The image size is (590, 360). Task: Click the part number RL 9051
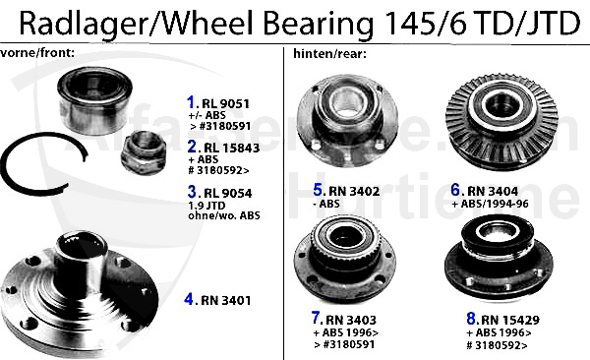[225, 104]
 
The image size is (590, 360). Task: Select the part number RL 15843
[231, 148]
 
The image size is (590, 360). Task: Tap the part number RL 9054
[228, 193]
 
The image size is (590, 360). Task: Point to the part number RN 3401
[226, 301]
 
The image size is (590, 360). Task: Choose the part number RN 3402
[354, 191]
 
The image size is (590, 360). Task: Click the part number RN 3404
[493, 191]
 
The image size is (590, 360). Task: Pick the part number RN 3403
[351, 320]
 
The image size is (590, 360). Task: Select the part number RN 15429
[510, 320]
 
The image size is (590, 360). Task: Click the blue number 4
[189, 299]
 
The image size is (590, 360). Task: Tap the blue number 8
[471, 319]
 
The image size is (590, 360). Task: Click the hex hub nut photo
[145, 153]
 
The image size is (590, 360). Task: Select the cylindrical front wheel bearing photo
[94, 101]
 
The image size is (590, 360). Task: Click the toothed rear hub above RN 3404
[501, 122]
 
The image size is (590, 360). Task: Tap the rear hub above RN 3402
[347, 121]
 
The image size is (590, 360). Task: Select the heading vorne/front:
[37, 53]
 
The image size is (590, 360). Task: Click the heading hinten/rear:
[329, 54]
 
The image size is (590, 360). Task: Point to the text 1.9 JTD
[206, 206]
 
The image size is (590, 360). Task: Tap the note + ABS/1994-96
[490, 204]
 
